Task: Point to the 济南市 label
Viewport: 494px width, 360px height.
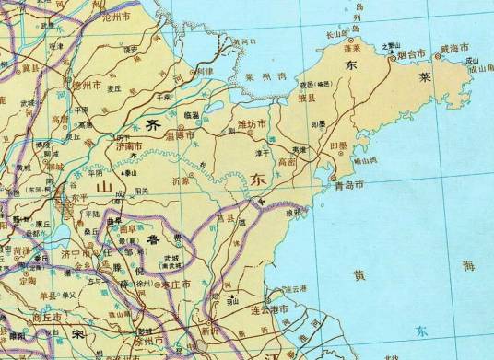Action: [x=128, y=145]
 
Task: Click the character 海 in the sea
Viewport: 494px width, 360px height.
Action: [x=468, y=265]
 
